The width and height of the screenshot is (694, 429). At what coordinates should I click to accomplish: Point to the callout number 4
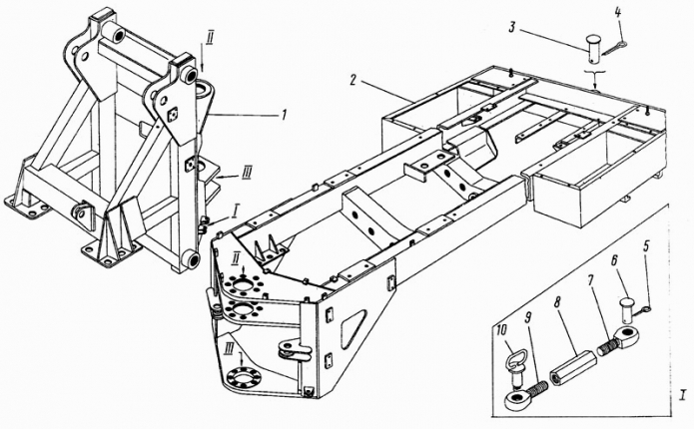(x=617, y=13)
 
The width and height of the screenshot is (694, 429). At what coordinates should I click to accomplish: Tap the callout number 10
(x=499, y=333)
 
